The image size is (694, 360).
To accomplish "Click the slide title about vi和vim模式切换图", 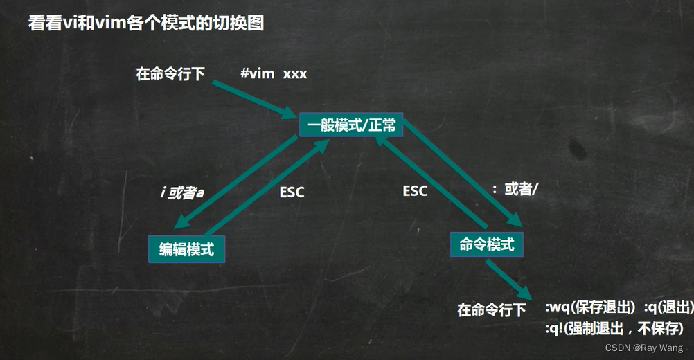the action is click(145, 24).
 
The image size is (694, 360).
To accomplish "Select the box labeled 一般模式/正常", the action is click(350, 125).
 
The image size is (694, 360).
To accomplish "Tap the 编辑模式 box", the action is click(186, 249).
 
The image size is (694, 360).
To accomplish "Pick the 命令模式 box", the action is click(486, 244).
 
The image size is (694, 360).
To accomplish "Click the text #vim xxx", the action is click(274, 73).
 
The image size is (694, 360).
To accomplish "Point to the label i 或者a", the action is click(181, 192).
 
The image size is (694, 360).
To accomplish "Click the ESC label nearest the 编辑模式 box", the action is click(292, 192).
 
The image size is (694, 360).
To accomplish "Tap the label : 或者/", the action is click(515, 189).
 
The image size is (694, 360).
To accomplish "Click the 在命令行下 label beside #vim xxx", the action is click(170, 74).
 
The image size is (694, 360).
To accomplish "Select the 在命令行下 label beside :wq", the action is click(491, 309).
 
